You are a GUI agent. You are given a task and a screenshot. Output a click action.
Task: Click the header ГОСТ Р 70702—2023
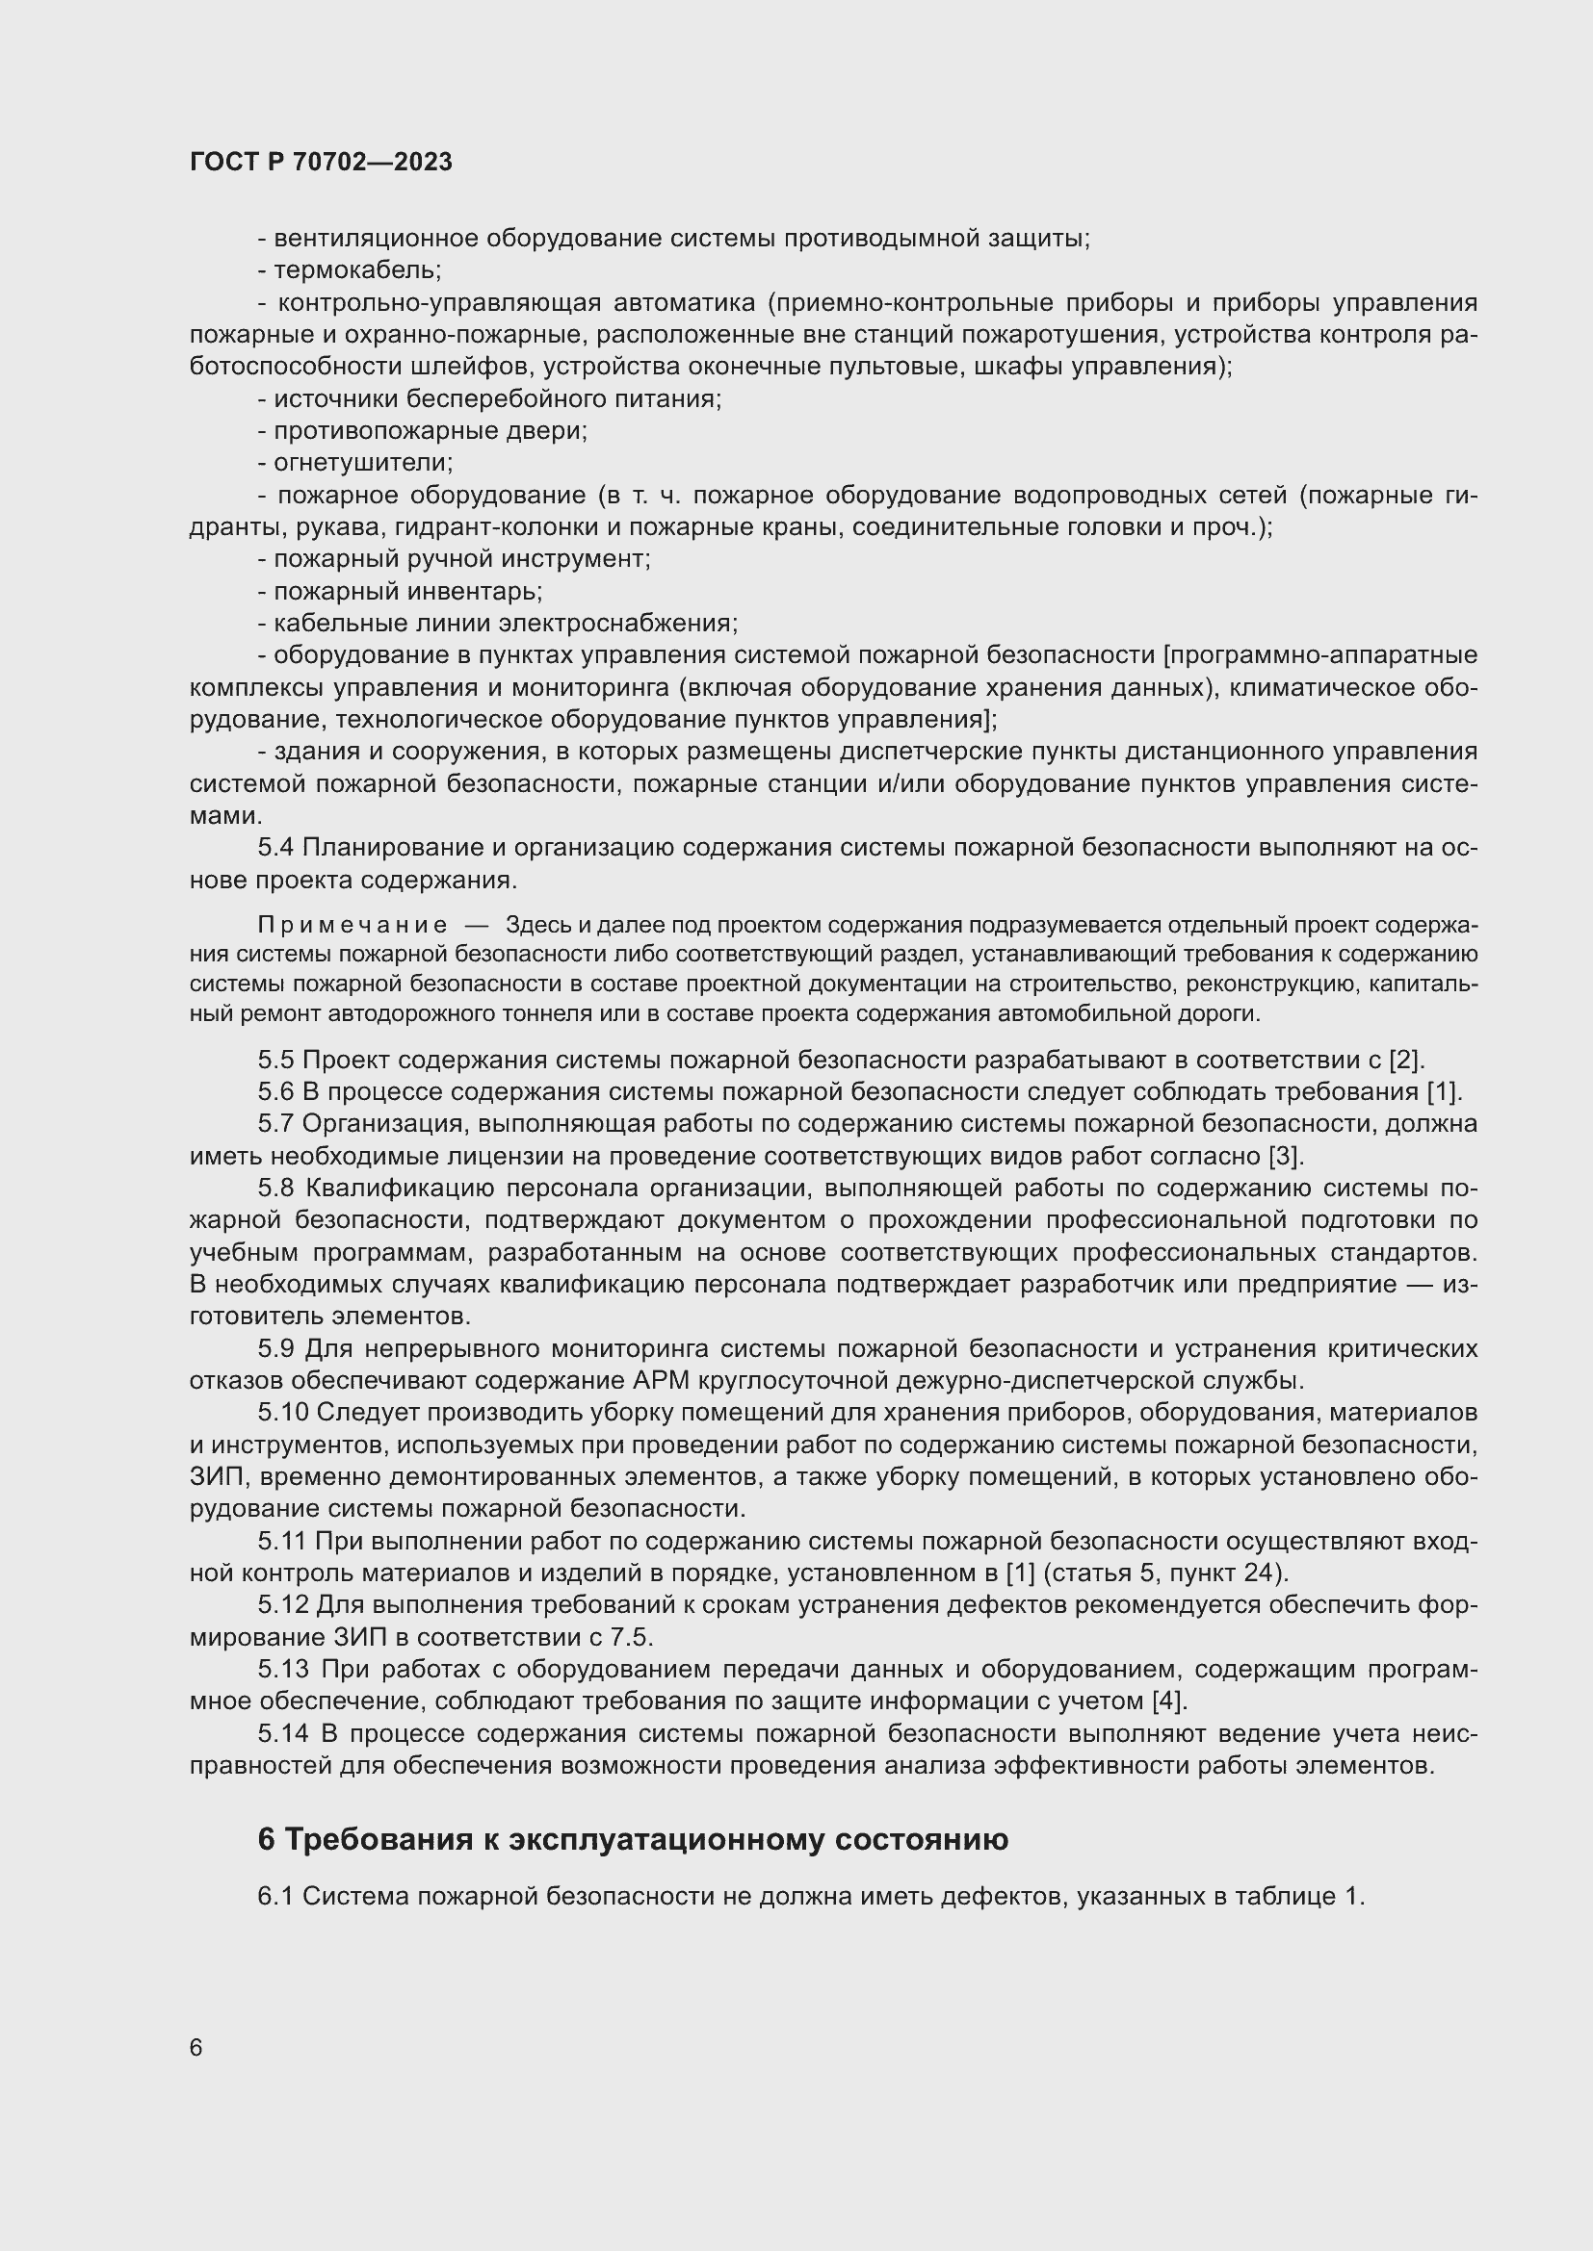321,162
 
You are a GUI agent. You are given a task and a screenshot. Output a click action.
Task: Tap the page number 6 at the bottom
196,2048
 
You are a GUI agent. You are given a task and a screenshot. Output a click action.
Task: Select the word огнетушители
362,462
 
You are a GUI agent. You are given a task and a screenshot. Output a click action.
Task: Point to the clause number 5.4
275,847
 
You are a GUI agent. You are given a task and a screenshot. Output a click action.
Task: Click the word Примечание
353,926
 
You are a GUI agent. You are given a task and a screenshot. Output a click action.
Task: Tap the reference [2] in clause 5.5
1404,1060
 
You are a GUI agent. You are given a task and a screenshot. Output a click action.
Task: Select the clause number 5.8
275,1189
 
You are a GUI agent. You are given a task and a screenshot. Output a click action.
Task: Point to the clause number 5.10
283,1413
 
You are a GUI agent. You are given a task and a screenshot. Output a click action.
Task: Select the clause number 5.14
283,1733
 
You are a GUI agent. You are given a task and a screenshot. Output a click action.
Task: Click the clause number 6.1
275,1896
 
